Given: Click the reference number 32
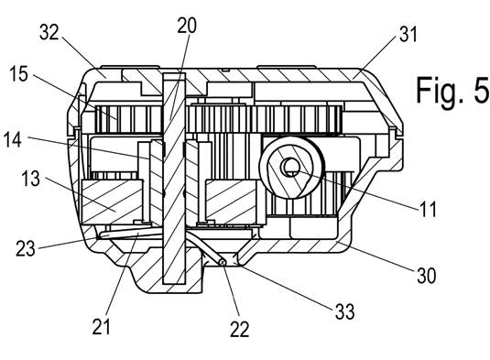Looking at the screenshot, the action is point(49,32).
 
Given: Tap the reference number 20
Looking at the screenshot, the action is point(187,26).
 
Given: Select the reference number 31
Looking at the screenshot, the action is point(408,34).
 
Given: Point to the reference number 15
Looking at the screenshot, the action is point(18,74).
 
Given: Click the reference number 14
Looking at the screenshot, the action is point(13,139).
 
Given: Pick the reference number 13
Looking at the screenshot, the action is point(30,179).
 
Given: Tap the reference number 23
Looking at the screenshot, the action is point(26,248).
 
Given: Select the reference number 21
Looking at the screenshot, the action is point(102,327).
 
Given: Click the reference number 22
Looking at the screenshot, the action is point(240,329).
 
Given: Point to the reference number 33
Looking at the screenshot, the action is point(345,311).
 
